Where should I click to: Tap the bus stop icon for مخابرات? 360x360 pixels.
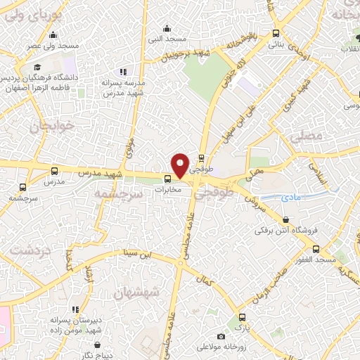[167, 179]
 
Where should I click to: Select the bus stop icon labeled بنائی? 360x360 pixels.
[275, 32]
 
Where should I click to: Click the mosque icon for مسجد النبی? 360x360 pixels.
[167, 28]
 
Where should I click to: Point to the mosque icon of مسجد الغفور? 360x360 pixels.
[316, 249]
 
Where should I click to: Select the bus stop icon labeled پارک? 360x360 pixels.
[242, 317]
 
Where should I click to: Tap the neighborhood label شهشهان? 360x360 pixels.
[136, 291]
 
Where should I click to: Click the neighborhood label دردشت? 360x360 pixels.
[27, 250]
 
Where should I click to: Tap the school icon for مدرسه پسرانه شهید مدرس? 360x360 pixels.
[123, 71]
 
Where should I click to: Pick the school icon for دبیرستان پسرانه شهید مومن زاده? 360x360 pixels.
[75, 309]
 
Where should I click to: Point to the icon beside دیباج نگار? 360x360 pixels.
[105, 345]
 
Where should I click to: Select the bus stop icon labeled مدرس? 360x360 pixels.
[56, 170]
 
